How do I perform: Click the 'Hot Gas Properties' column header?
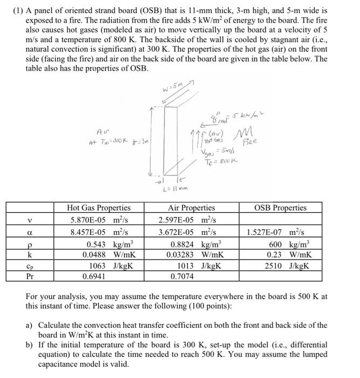click(98, 207)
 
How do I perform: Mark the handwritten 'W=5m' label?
click(172, 90)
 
